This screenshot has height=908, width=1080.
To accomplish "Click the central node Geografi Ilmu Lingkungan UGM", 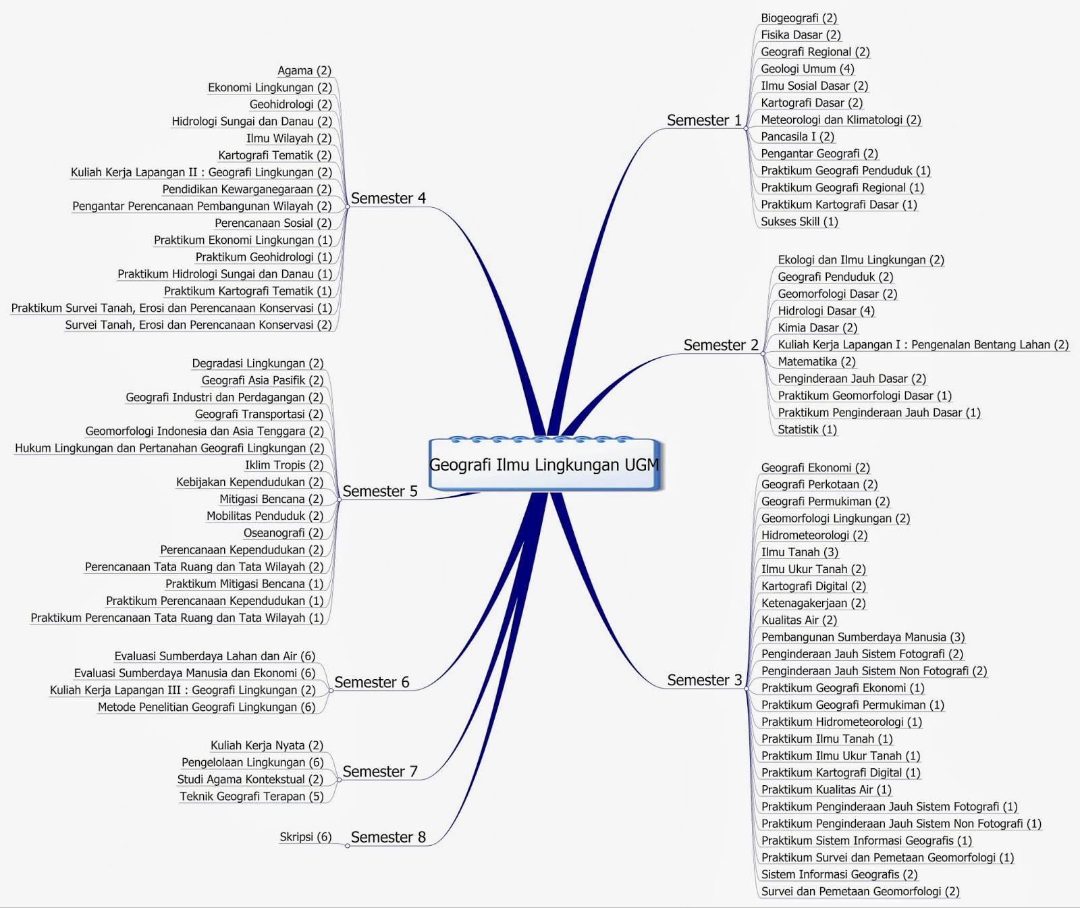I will point(544,464).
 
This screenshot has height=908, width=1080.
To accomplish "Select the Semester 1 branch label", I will point(704,120).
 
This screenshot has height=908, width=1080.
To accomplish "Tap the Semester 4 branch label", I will point(388,198).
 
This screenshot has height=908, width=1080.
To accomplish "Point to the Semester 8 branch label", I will point(388,837).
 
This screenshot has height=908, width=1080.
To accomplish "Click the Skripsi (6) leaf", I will point(305,837).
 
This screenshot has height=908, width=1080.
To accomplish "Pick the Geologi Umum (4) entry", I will point(807,69).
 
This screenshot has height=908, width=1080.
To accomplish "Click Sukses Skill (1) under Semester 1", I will point(799,221).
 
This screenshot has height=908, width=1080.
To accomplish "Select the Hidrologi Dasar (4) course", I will point(826,311).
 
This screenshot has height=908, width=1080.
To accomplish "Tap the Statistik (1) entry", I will point(807,429).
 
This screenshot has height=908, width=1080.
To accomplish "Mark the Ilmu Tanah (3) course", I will point(799,552).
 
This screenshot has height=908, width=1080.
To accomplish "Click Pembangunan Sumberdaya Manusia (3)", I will point(863,637).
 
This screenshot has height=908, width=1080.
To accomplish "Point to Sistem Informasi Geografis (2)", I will point(839,874).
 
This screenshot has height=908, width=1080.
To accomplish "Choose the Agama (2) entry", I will point(304,70).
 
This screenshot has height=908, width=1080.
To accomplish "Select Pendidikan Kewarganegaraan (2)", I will point(246,189).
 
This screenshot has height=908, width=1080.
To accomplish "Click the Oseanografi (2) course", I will point(283,533).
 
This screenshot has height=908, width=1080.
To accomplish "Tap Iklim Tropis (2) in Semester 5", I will point(284,465).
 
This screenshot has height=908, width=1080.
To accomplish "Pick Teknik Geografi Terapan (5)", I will point(251,796).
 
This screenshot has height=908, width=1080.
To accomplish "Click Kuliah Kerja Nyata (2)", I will point(267,745).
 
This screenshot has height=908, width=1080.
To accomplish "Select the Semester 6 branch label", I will point(372,682).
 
